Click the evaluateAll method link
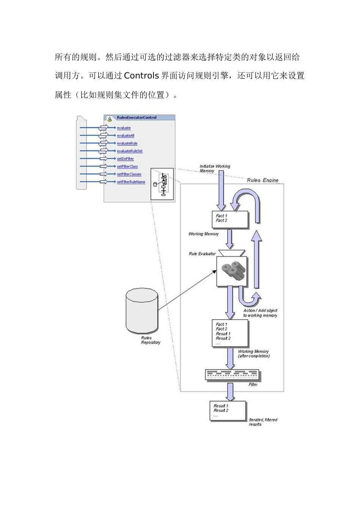[125, 136]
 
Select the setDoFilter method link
[125, 159]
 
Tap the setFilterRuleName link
[131, 182]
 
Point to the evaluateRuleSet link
[130, 151]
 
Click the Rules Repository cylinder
[141, 310]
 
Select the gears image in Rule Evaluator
[232, 271]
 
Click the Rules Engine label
[263, 180]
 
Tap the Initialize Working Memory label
[214, 169]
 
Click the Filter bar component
[232, 375]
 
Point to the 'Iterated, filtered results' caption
[263, 422]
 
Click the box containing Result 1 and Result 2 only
[228, 411]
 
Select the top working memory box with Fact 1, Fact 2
[230, 219]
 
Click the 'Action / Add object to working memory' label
[260, 313]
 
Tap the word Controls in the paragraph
[141, 76]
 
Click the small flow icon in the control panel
[162, 184]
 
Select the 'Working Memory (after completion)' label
[253, 354]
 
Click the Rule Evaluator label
[202, 254]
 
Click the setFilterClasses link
[129, 174]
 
